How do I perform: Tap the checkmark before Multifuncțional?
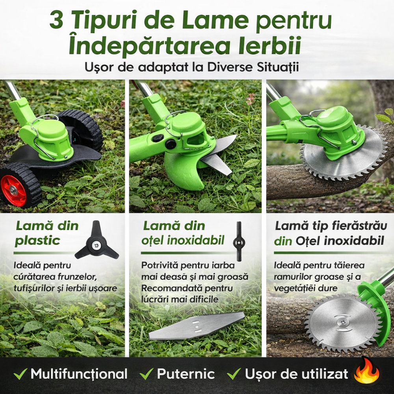(20, 374)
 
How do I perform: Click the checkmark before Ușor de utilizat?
(234, 374)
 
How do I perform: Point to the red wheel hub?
(13, 191)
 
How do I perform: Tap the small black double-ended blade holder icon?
(238, 238)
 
